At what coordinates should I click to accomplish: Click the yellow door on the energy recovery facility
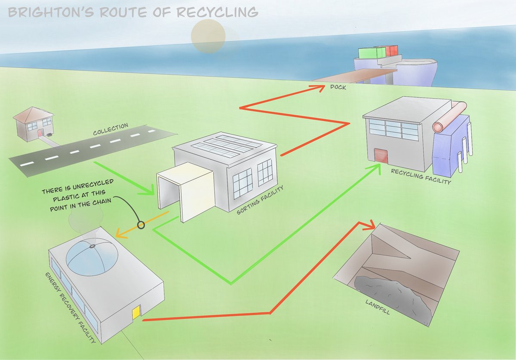[x=136, y=312]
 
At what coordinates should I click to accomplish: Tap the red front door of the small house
[x=40, y=134]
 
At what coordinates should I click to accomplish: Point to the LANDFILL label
[x=377, y=306]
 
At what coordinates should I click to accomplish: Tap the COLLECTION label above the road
[x=111, y=129]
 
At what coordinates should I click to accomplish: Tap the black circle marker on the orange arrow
[x=140, y=224]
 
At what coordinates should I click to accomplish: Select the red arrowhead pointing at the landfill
[x=368, y=225]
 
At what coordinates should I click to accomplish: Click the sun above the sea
[x=208, y=36]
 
